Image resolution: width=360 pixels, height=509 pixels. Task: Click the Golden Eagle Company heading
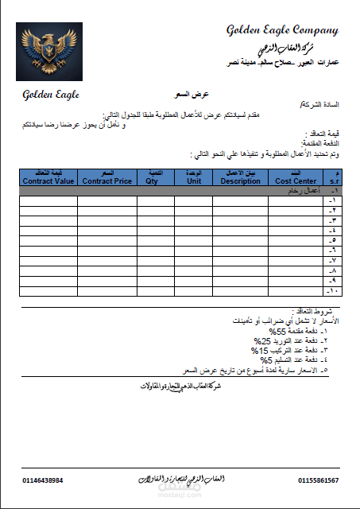[x=282, y=30]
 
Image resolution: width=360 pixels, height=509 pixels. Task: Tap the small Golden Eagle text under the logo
[x=50, y=95]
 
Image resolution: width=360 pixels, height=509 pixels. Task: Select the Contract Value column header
[x=48, y=177]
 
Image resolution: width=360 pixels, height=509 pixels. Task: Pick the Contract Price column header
[x=107, y=177]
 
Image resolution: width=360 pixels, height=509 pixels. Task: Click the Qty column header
[x=156, y=177]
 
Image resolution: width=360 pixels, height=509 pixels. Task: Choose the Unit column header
[x=194, y=177]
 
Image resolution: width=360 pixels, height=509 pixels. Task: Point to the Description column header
[x=240, y=177]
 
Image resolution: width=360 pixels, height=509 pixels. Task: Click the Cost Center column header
[x=296, y=177]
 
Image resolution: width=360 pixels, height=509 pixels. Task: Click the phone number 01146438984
[x=43, y=480]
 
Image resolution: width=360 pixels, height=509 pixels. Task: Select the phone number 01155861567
[x=319, y=480]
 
